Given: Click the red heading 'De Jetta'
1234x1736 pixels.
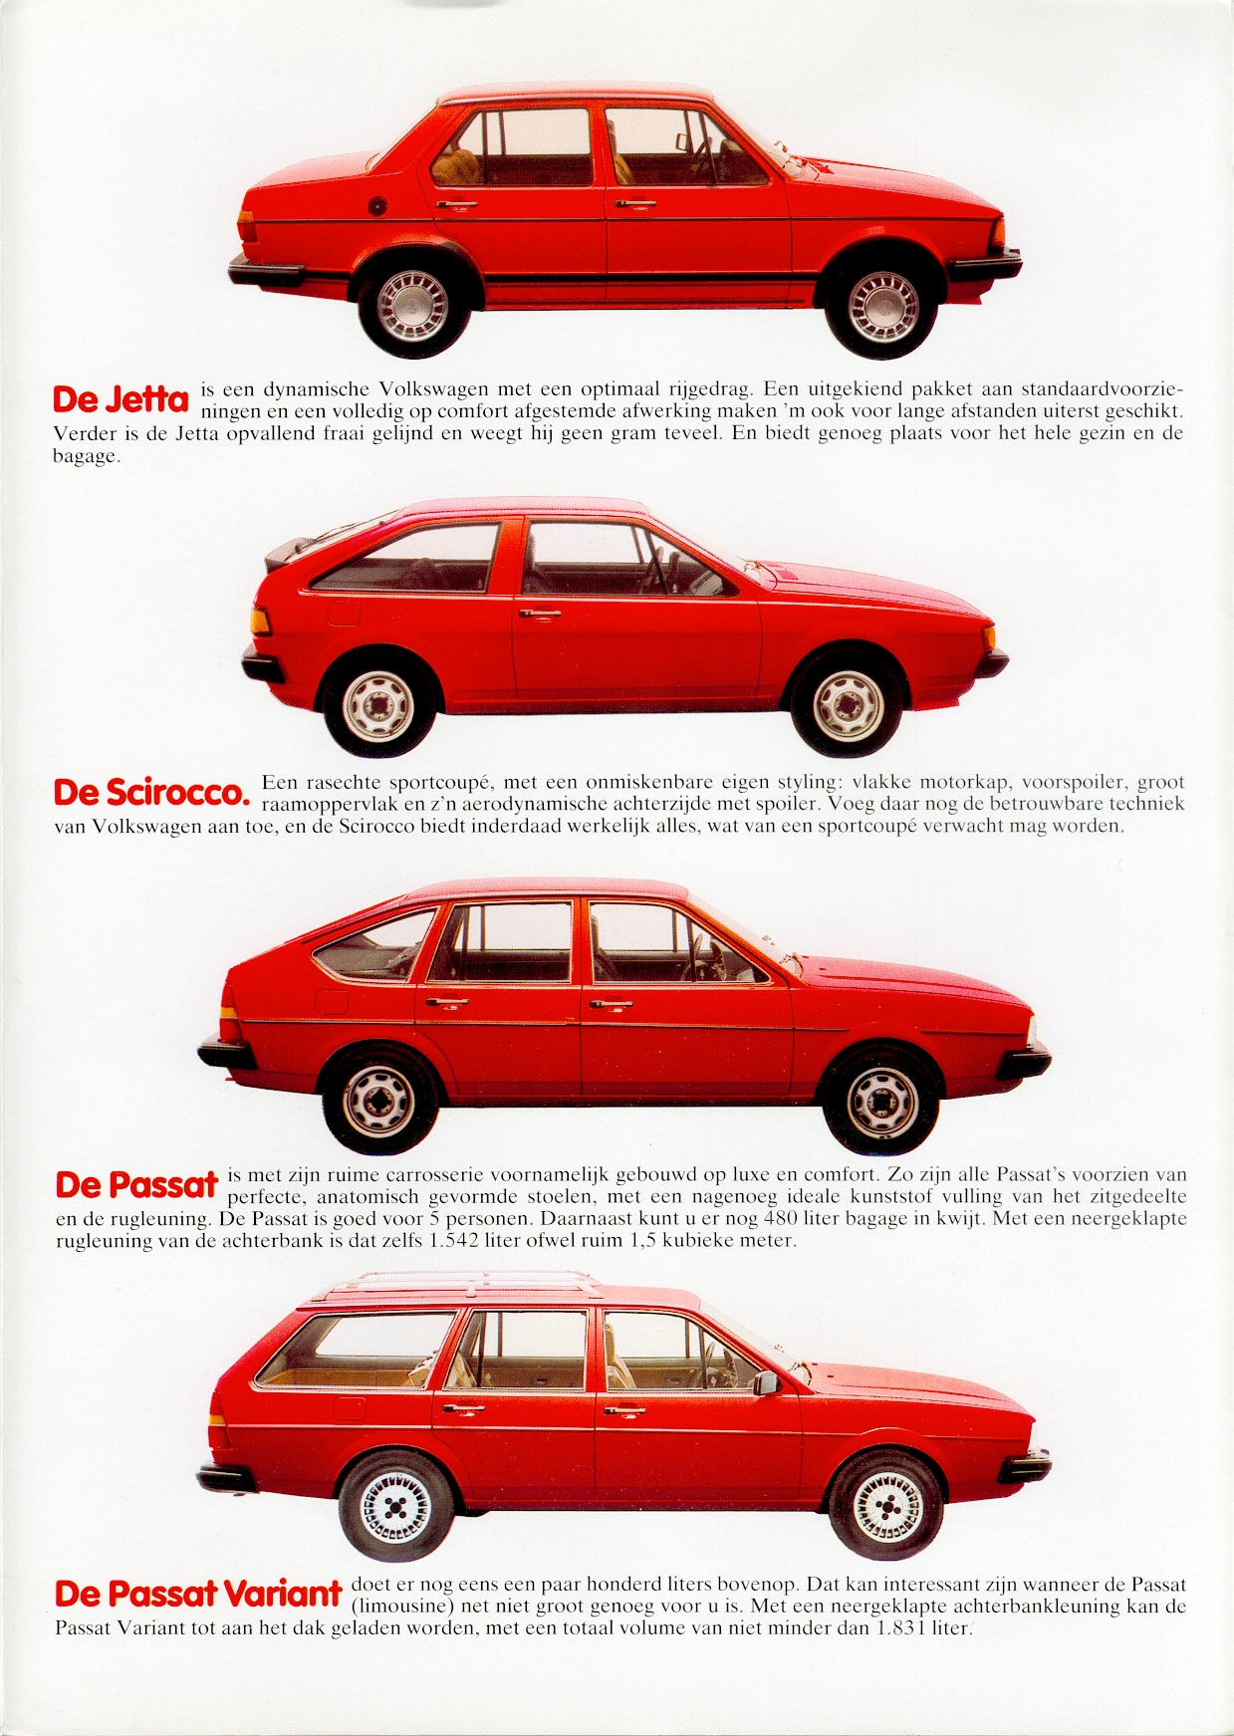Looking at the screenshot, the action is tap(121, 399).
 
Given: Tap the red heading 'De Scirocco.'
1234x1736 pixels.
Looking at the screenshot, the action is tap(150, 793).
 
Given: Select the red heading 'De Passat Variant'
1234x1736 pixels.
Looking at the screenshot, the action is tap(198, 1594).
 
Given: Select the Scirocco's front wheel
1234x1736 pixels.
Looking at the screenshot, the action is tap(847, 702).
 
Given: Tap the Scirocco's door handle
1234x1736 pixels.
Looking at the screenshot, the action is tap(540, 614).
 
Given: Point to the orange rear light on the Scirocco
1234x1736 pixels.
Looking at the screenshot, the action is tap(260, 621).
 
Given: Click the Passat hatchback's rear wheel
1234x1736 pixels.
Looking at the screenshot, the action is tap(379, 1099).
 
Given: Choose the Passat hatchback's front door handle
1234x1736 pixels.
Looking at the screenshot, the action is tap(611, 1005).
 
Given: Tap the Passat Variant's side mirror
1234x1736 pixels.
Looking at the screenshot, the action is tap(766, 1382).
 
